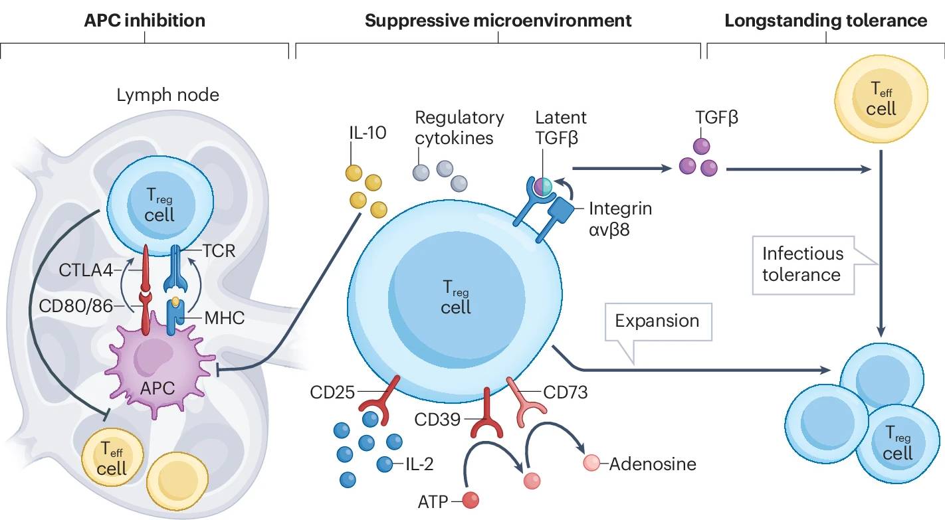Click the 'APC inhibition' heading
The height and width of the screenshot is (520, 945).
144,21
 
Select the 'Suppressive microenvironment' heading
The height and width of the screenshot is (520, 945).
498,21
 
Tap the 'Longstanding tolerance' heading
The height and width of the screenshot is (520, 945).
825,21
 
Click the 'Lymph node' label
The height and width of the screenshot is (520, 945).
167,96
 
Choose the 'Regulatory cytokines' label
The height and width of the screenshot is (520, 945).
459,128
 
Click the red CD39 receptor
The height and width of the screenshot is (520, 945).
487,414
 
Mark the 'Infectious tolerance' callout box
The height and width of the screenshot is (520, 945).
803,264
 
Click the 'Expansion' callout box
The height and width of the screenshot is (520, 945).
657,321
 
